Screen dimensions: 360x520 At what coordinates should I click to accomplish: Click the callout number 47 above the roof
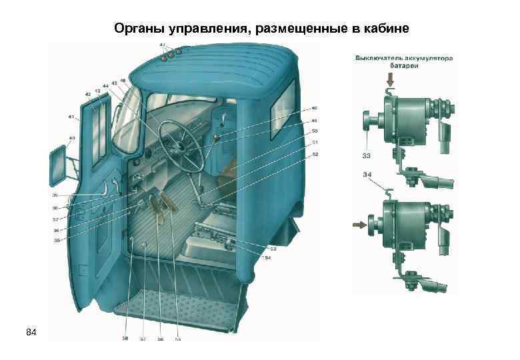[x=163, y=45]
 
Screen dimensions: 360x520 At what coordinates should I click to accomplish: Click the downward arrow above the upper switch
[x=390, y=80]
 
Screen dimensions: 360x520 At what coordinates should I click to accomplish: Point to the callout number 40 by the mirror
[x=71, y=139]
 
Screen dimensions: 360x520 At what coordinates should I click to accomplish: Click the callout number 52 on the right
[x=314, y=155]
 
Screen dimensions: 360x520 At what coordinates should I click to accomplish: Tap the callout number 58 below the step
[x=124, y=339]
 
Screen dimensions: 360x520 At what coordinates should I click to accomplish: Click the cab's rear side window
[x=285, y=106]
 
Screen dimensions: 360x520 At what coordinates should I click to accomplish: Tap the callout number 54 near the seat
[x=268, y=257]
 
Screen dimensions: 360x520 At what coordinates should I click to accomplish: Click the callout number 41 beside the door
[x=71, y=117]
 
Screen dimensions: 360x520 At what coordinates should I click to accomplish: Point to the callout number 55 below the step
[x=177, y=339]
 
